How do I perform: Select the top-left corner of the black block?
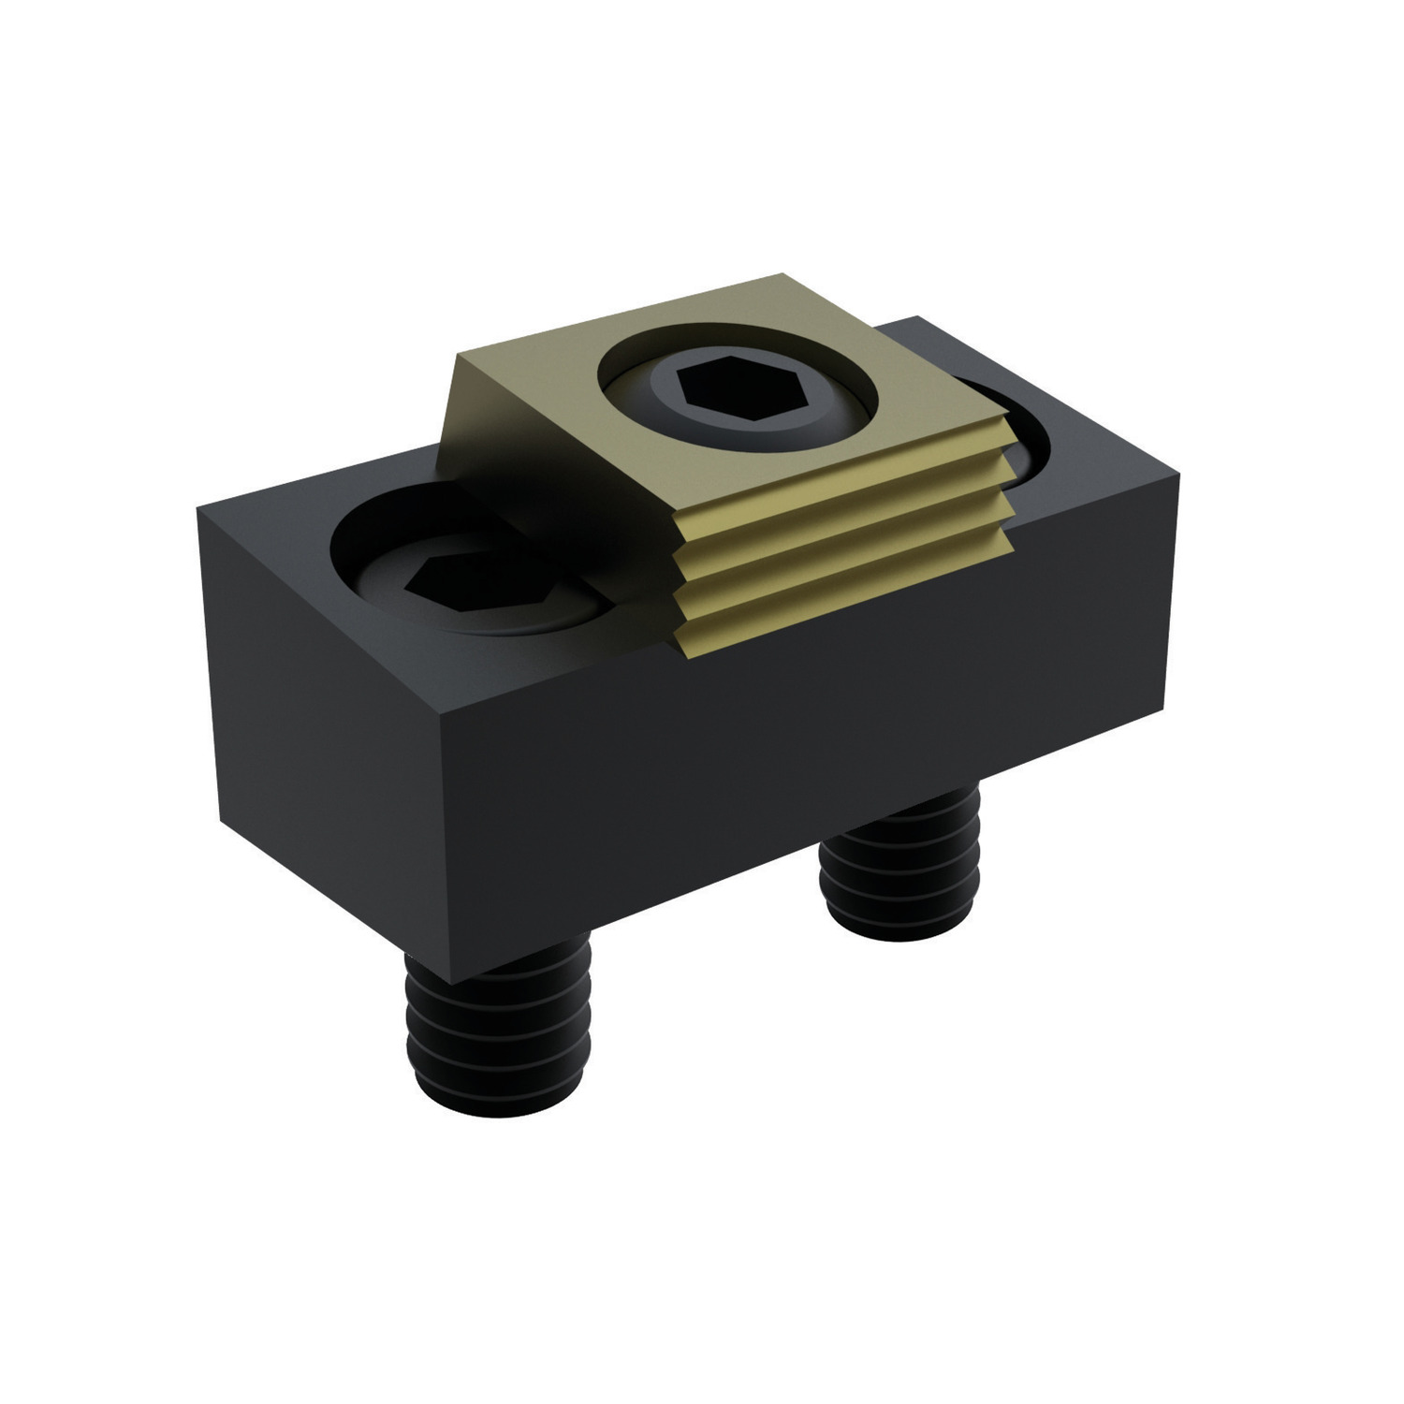point(198,507)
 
